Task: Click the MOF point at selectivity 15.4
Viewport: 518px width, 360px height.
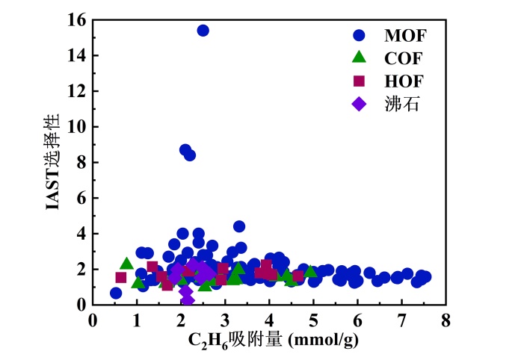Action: click(x=203, y=31)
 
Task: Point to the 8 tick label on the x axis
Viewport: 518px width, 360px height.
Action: click(x=445, y=320)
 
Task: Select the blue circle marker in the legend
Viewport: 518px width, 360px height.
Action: click(x=360, y=34)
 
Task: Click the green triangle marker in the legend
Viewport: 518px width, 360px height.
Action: click(x=360, y=57)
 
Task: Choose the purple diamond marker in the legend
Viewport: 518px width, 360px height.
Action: click(x=360, y=103)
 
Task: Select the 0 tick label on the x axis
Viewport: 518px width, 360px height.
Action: click(x=93, y=320)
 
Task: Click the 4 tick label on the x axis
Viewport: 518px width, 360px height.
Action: click(x=269, y=320)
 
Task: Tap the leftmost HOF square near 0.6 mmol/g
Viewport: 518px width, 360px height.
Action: click(x=121, y=277)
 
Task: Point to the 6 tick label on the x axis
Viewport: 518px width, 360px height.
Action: click(x=357, y=320)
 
